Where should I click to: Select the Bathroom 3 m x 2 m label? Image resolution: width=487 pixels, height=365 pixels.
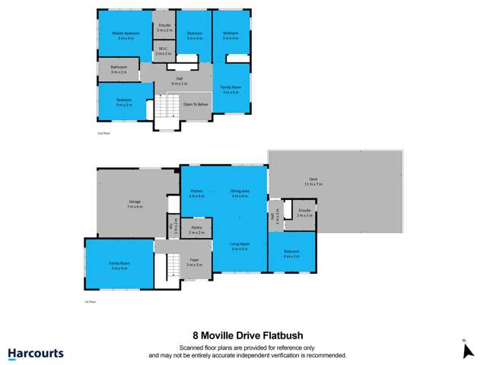(x=119, y=71)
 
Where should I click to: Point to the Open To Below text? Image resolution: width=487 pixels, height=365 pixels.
(x=196, y=104)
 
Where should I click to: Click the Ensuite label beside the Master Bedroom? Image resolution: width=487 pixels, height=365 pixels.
(x=164, y=27)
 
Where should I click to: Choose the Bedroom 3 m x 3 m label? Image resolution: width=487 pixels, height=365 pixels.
(x=124, y=102)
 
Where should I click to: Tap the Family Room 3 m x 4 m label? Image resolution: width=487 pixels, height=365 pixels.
(x=230, y=90)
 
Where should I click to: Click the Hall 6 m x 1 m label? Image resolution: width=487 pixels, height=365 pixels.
(x=178, y=81)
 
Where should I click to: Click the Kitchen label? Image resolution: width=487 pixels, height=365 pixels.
(x=196, y=193)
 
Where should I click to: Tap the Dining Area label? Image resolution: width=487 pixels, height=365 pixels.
(x=240, y=193)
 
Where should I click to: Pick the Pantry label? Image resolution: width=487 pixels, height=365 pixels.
(x=196, y=229)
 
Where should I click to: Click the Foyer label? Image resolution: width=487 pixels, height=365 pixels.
(x=194, y=262)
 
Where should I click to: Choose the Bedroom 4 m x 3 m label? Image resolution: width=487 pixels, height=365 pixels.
(x=292, y=255)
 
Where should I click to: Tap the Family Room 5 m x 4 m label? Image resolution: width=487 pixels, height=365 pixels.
(x=119, y=265)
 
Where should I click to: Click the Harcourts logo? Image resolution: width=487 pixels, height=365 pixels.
(x=36, y=354)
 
